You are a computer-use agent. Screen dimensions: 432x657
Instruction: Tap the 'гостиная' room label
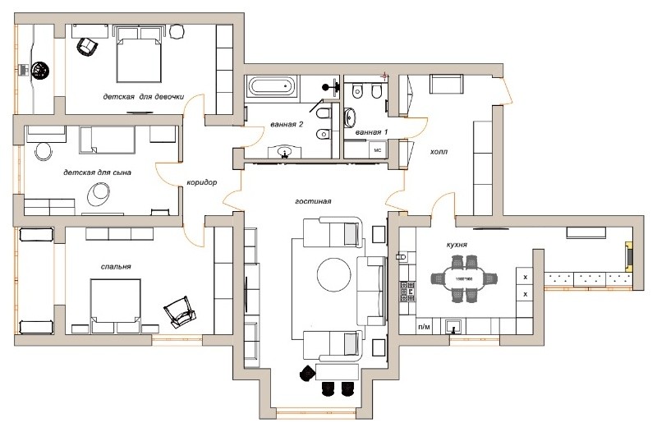click(x=314, y=200)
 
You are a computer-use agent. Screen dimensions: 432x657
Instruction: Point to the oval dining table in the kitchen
click(x=465, y=280)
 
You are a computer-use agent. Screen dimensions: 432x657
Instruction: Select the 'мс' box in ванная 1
click(x=379, y=150)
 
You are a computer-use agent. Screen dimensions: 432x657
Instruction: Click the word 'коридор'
click(x=201, y=183)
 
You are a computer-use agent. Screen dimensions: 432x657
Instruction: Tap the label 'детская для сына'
click(x=97, y=173)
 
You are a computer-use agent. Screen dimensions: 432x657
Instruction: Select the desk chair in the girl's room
click(x=85, y=47)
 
